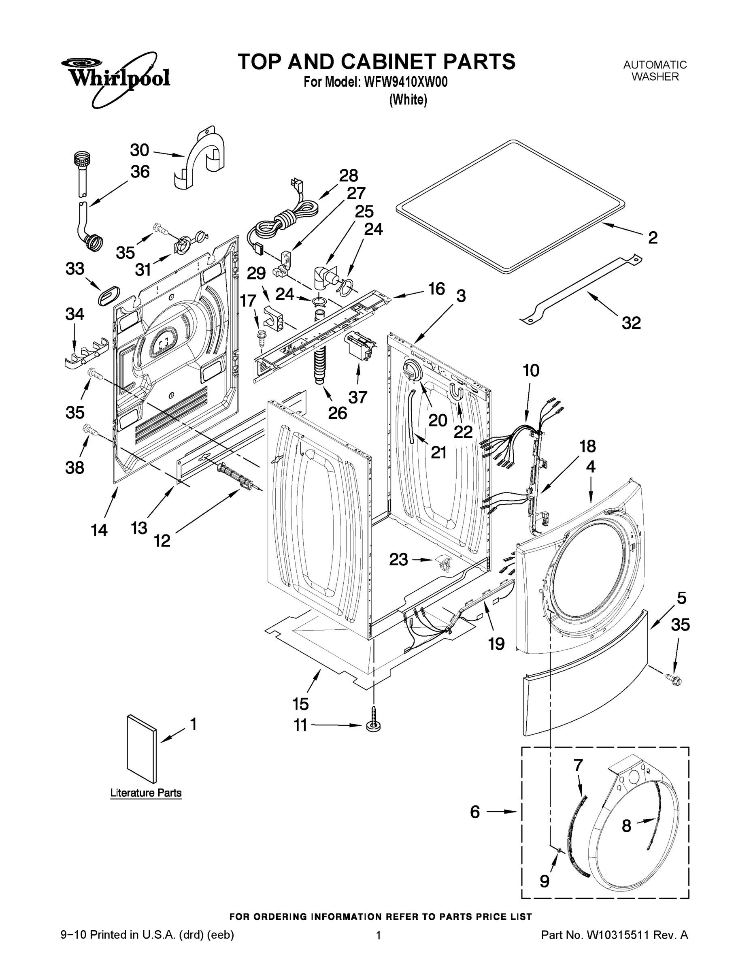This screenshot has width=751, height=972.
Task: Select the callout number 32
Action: click(631, 323)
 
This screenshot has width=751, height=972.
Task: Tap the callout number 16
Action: click(436, 289)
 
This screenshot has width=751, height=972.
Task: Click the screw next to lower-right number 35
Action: click(674, 679)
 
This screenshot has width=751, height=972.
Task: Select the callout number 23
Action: click(398, 559)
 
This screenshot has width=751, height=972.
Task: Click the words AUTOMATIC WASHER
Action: click(655, 71)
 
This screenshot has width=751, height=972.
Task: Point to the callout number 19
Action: click(496, 644)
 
